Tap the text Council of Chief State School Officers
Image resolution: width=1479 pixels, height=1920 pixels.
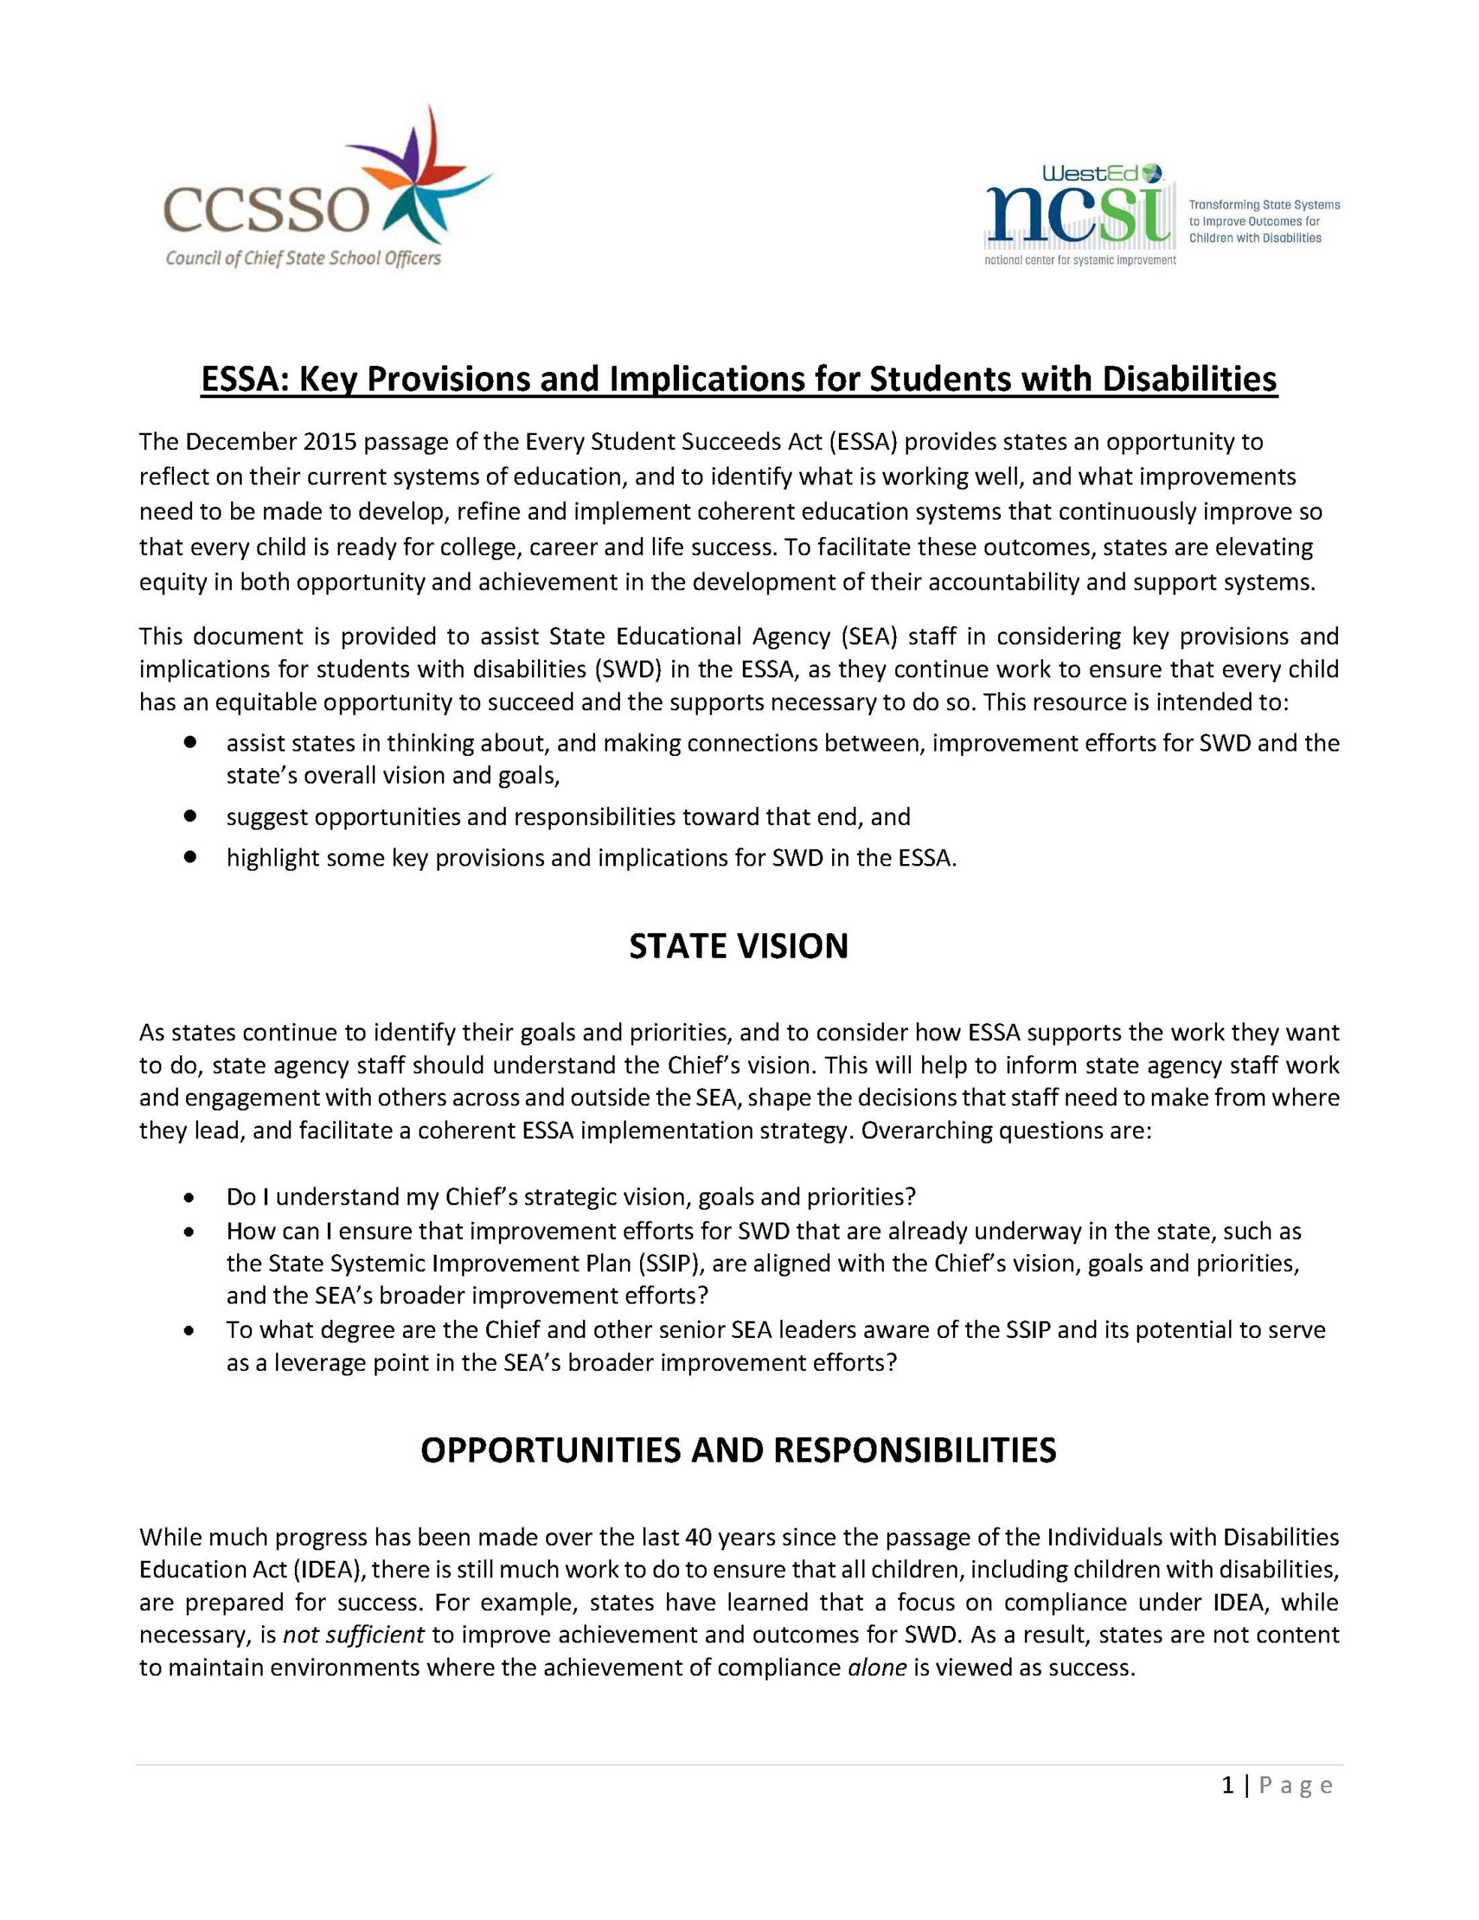303,257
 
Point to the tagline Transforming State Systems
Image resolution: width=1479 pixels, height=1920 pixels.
1264,205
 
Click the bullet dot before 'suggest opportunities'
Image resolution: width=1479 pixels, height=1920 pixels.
189,816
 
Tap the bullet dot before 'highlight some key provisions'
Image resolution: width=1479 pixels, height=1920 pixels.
189,856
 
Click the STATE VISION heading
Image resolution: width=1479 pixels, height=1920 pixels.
738,946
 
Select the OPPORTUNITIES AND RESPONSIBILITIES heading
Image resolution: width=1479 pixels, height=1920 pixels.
738,1450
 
